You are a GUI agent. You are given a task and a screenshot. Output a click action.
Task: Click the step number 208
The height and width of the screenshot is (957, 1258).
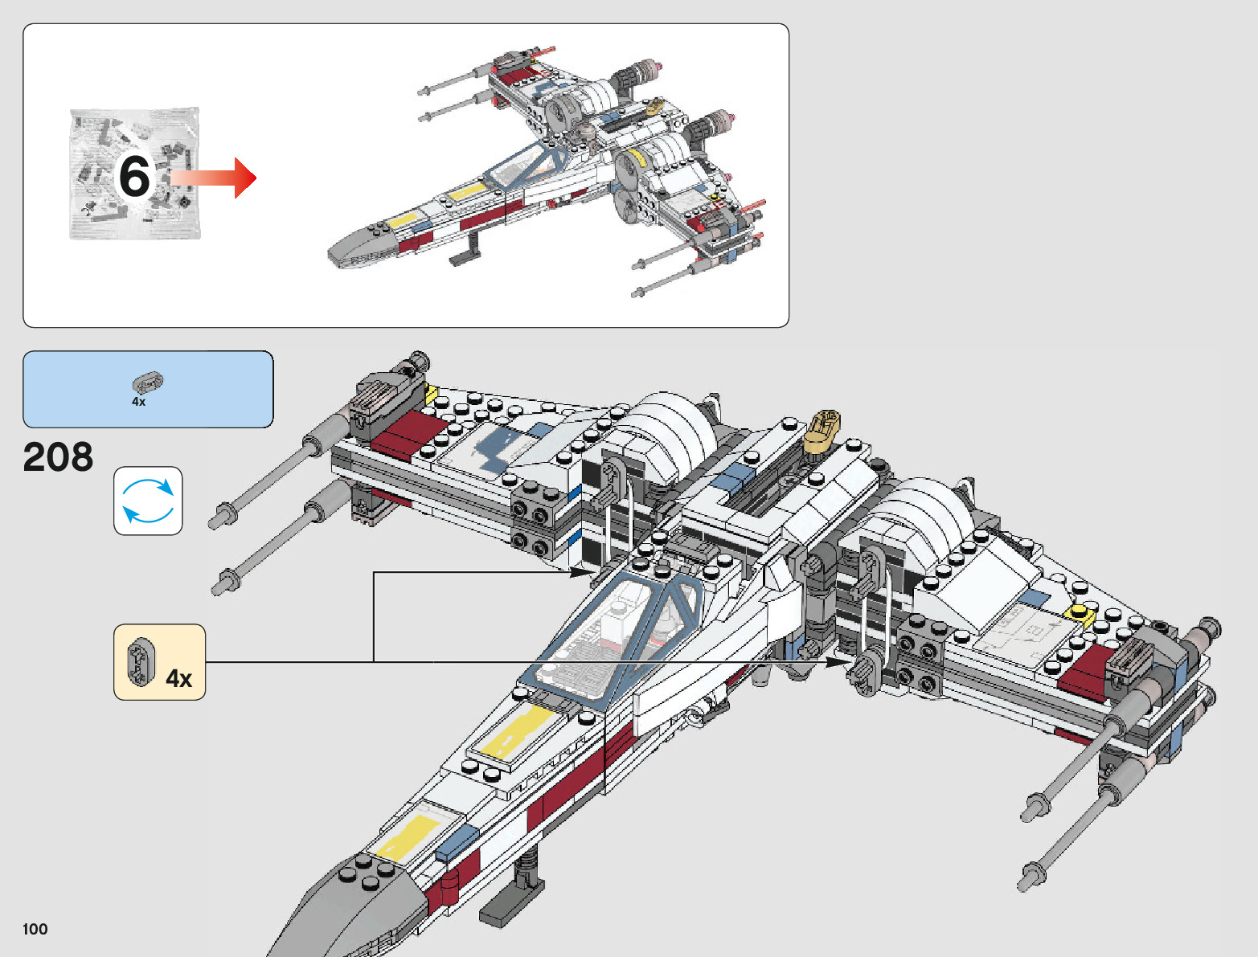pos(58,457)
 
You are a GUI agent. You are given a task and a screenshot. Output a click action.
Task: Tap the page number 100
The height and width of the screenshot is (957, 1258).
pos(35,930)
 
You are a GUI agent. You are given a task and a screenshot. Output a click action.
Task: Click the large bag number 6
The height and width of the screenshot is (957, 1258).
pos(134,176)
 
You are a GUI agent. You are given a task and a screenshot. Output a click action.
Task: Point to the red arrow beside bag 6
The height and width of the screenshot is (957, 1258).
pos(217,178)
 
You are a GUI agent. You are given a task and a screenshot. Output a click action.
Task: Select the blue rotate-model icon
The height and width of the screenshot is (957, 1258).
pos(148,501)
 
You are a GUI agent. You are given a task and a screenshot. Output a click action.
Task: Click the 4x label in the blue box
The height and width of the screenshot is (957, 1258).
pos(139,402)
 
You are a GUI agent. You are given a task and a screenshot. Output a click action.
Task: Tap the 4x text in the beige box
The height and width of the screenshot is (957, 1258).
pos(178,679)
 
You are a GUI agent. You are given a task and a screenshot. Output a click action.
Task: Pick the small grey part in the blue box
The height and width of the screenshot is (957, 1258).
pos(148,382)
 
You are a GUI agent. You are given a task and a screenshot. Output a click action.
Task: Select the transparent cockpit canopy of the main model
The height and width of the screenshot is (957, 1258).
pos(611,635)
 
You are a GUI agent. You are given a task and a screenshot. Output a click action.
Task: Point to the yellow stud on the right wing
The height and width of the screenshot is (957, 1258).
pos(1080,615)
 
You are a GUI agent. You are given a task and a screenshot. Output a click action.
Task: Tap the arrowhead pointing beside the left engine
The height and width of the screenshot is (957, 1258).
pos(583,572)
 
